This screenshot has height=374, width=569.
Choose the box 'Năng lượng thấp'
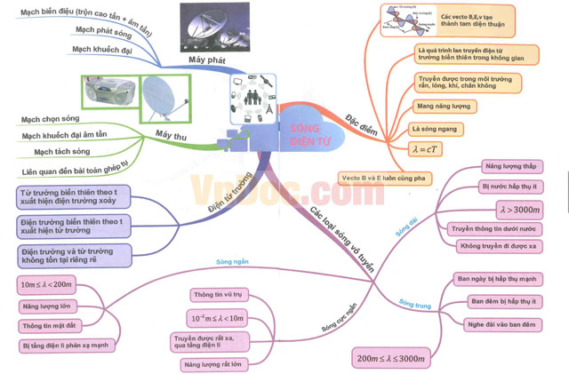pos(509,166)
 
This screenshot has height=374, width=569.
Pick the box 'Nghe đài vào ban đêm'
pos(501,322)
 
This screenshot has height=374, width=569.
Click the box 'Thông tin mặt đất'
pos(48,325)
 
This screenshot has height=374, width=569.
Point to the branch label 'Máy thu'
pos(169,134)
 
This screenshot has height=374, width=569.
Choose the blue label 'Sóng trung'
pos(415,305)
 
